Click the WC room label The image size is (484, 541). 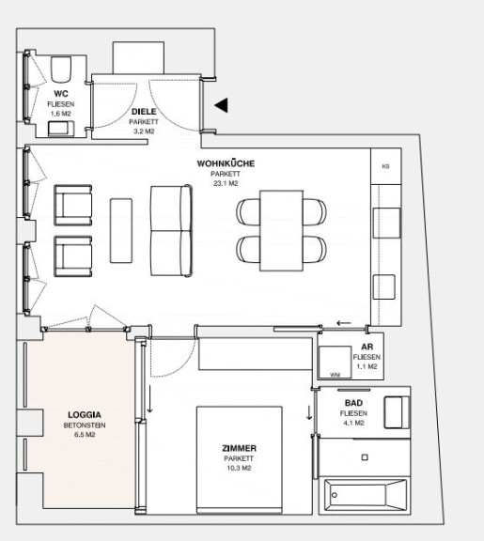[x=61, y=94]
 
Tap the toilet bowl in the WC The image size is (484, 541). [x=61, y=69]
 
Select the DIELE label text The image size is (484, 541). [x=144, y=112]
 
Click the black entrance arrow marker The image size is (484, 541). [x=221, y=105]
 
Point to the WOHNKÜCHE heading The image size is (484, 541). [x=226, y=163]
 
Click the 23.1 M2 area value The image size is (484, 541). [x=226, y=183]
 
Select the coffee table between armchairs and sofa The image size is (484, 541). [x=121, y=230]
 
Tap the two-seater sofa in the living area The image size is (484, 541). [x=171, y=231]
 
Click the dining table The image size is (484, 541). [x=282, y=230]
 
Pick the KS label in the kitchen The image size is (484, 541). [x=385, y=166]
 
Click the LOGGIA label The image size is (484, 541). [x=85, y=415]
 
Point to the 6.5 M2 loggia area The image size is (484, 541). [x=85, y=435]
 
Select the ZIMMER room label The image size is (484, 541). [x=239, y=449]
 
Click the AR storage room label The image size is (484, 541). [x=367, y=348]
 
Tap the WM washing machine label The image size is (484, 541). [x=335, y=375]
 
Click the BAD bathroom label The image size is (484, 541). [x=353, y=403]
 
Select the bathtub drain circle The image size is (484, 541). [x=335, y=495]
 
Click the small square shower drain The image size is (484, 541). [x=365, y=457]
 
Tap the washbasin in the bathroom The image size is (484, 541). [x=397, y=412]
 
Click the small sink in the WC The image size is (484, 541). [x=61, y=129]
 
